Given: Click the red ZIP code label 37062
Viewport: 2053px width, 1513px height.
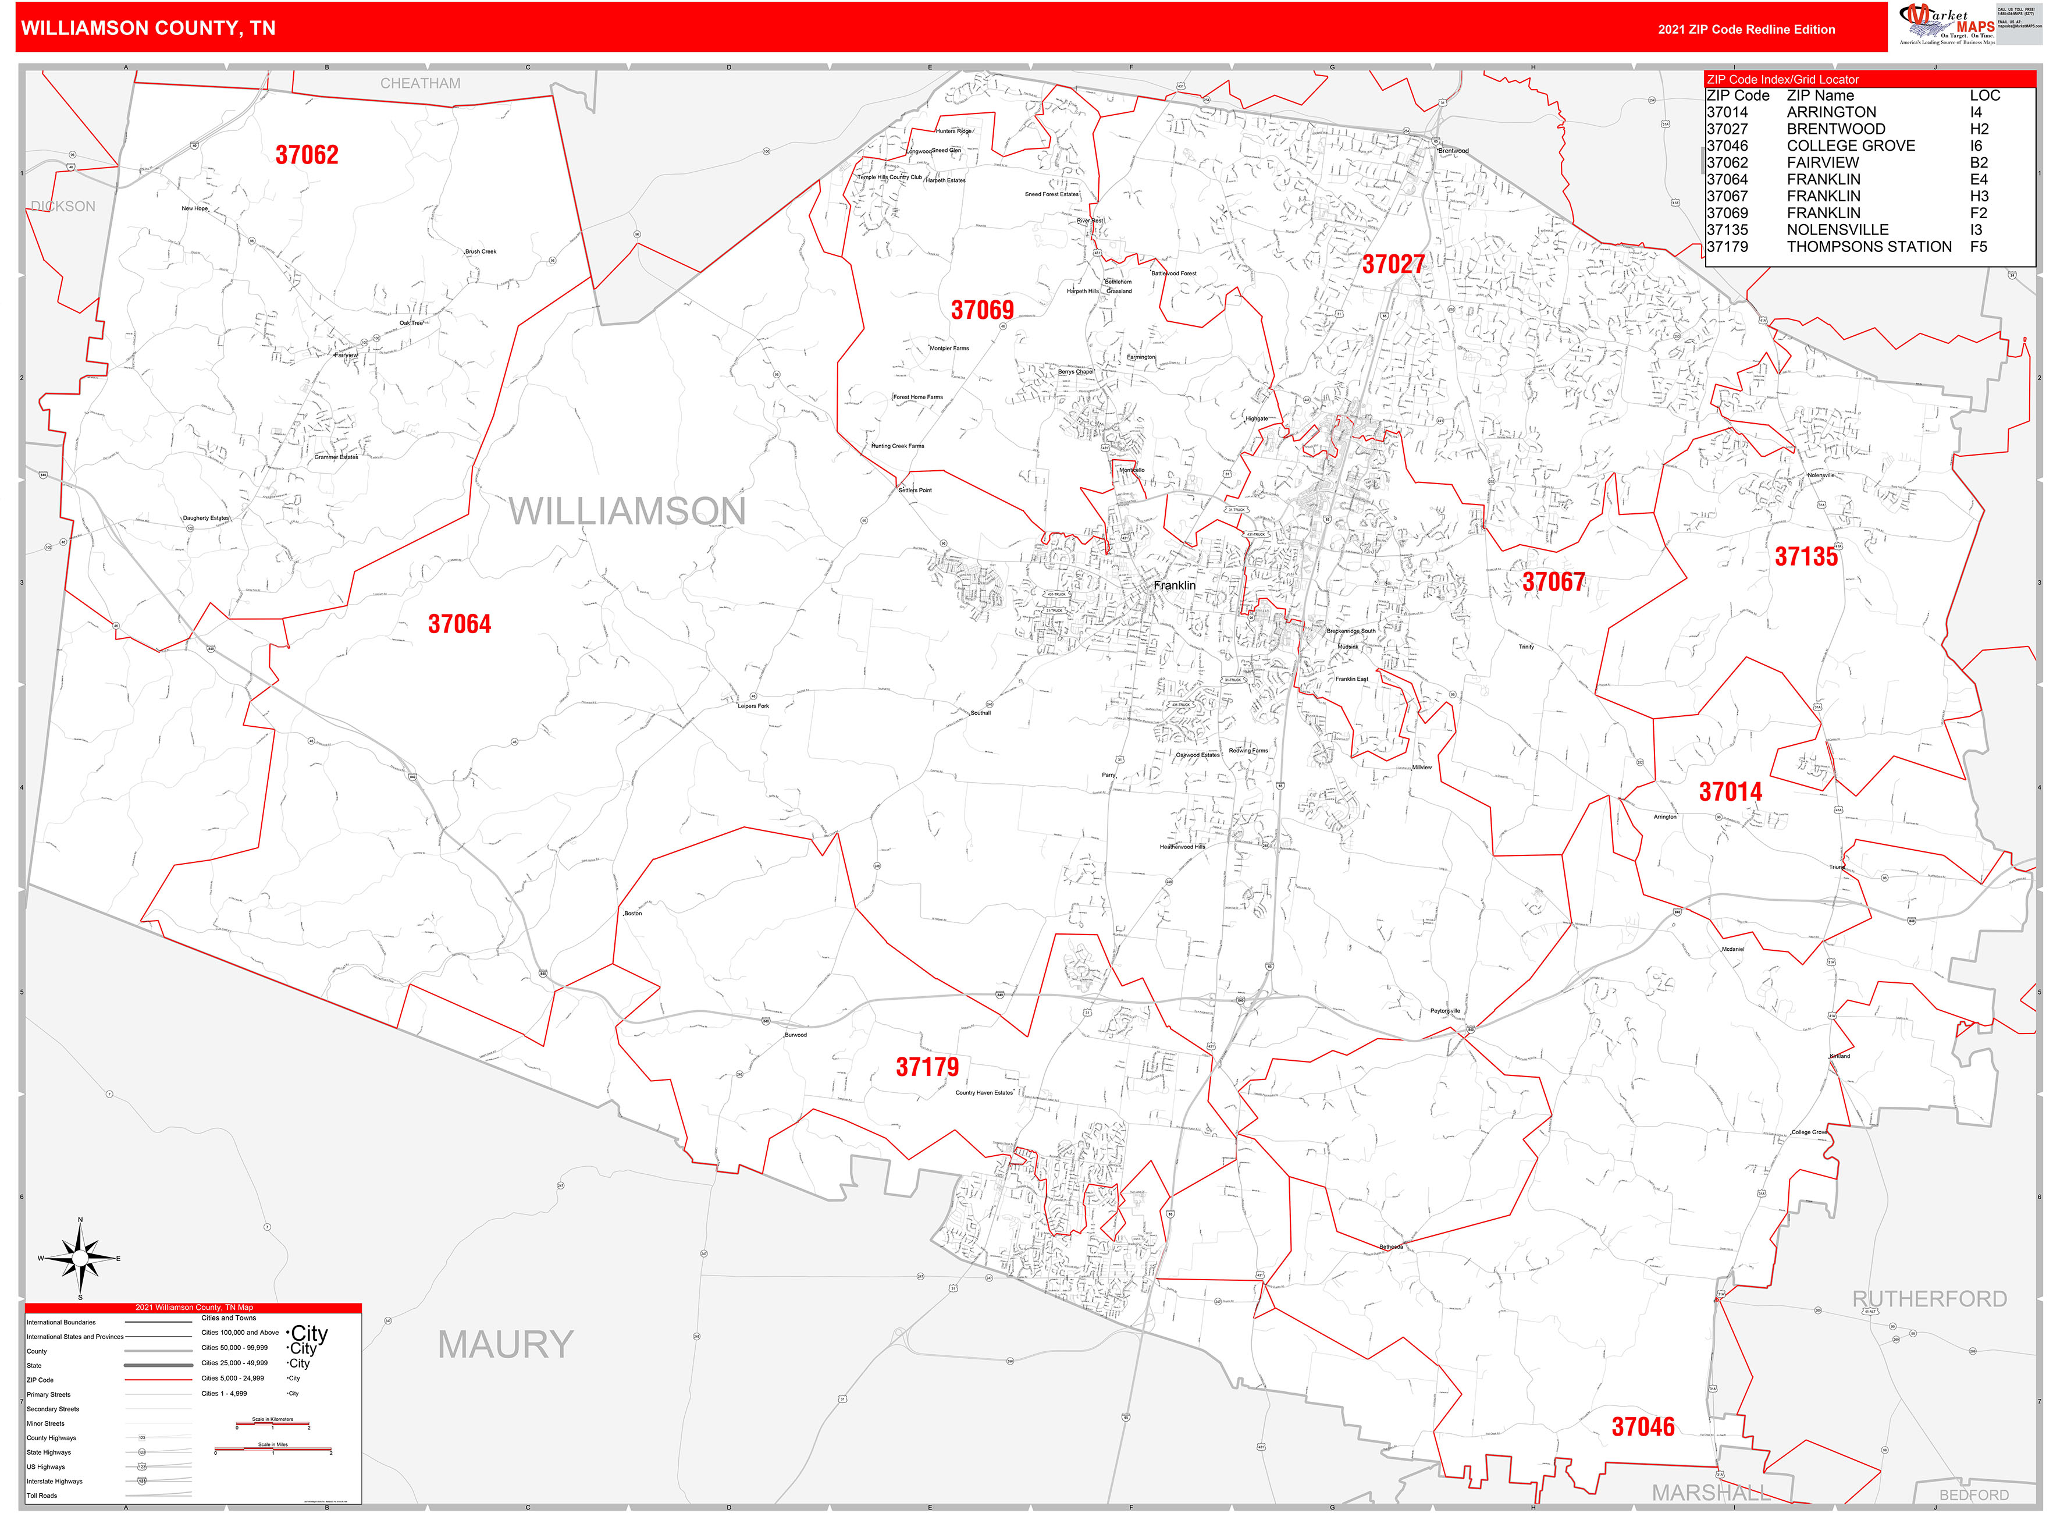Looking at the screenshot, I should pos(307,155).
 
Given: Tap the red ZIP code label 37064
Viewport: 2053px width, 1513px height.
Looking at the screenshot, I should pos(460,624).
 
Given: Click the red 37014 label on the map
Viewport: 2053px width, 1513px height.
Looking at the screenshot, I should pos(1730,792).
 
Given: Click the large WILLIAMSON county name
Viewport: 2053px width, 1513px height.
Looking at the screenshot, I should pos(627,511).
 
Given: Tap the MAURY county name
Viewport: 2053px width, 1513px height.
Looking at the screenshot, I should pos(506,1344).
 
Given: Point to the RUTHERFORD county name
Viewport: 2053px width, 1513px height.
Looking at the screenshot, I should pos(1929,1299).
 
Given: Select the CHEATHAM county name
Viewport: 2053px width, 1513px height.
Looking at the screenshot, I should pos(420,83).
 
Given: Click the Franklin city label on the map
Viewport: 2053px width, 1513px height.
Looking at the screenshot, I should pos(1174,585).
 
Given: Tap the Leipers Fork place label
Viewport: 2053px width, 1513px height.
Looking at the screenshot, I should pos(753,706).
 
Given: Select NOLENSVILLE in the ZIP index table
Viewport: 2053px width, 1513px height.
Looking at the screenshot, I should pos(1837,230).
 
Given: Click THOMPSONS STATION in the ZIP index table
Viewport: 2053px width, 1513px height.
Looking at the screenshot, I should pos(1868,246).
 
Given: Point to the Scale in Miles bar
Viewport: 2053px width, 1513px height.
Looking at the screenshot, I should pos(273,1450).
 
